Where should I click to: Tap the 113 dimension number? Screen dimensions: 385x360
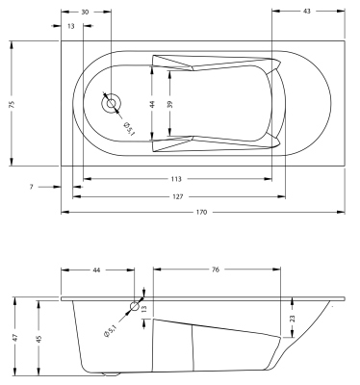[x=176, y=179]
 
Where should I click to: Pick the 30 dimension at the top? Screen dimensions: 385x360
[x=86, y=12]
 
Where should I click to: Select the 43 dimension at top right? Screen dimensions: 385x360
[x=305, y=12]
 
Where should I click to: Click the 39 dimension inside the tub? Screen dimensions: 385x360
[x=171, y=103]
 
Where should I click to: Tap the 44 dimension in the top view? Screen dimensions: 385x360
[x=151, y=103]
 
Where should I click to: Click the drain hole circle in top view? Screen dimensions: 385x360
[x=112, y=102]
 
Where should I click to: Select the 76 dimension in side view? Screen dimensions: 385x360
[x=216, y=270]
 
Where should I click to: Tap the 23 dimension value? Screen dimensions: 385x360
[x=293, y=318]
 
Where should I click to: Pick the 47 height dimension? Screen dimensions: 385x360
[x=15, y=337]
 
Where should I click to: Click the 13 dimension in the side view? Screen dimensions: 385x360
[x=146, y=307]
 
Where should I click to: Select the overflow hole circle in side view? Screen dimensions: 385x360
[x=134, y=305]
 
